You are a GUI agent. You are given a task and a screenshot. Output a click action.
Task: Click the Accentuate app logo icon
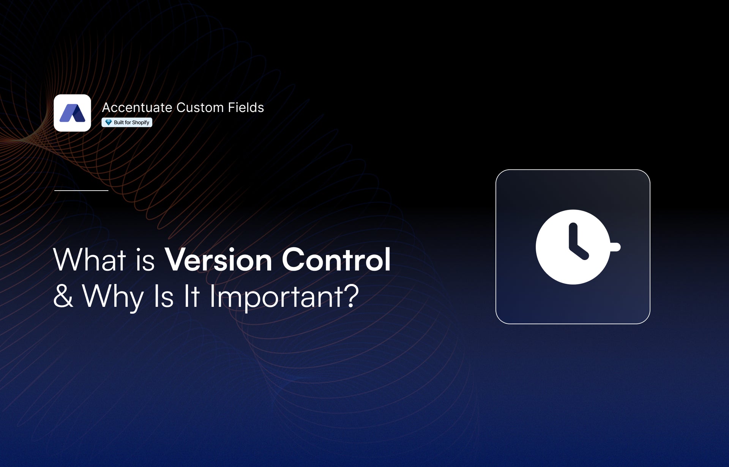tap(72, 113)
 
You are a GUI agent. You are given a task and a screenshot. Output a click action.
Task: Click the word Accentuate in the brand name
tap(137, 107)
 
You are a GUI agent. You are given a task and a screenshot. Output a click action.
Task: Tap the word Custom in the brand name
tap(200, 107)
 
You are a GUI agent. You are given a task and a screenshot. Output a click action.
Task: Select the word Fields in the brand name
tap(246, 107)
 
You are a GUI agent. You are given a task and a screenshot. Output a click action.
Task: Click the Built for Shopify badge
tap(127, 122)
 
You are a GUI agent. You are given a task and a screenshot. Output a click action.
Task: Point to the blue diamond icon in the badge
tap(108, 122)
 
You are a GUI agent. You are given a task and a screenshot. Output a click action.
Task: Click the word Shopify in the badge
tap(140, 123)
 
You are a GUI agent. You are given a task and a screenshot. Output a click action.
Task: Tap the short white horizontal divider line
tap(81, 190)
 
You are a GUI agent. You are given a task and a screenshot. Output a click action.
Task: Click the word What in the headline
tap(90, 260)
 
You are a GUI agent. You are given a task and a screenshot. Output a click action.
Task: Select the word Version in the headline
tap(218, 260)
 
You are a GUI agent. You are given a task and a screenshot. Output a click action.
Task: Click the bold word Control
tap(336, 260)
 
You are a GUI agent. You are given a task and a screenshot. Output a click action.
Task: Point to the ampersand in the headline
tap(63, 296)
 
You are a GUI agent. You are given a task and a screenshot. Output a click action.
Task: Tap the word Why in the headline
tap(113, 298)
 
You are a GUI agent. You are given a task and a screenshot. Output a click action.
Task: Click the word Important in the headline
tap(276, 298)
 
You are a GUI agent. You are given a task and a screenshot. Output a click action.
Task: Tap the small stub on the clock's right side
tap(615, 247)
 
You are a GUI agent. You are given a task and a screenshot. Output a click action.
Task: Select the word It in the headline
tap(191, 296)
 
